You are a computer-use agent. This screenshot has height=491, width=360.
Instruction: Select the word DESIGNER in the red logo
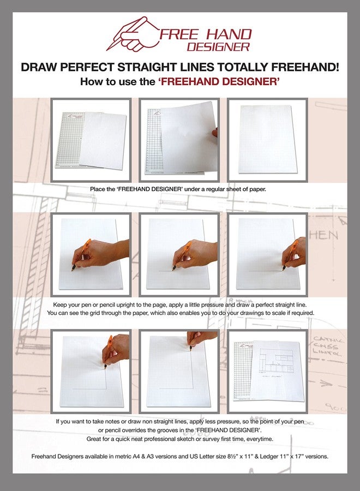226,47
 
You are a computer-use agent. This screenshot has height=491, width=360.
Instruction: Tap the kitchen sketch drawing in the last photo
275,363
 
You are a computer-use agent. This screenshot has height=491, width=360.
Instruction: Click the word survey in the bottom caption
219,439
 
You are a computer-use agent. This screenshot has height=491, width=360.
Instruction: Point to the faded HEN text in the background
326,236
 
